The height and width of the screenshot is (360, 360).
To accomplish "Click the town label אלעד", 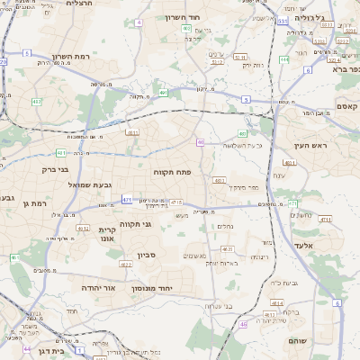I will point(302,244).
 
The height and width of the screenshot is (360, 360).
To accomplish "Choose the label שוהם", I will point(298,341).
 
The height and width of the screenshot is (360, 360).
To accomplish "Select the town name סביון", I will point(148,255).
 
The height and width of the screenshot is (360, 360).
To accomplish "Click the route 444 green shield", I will point(283,59).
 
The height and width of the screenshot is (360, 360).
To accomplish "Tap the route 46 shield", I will point(243,324).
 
